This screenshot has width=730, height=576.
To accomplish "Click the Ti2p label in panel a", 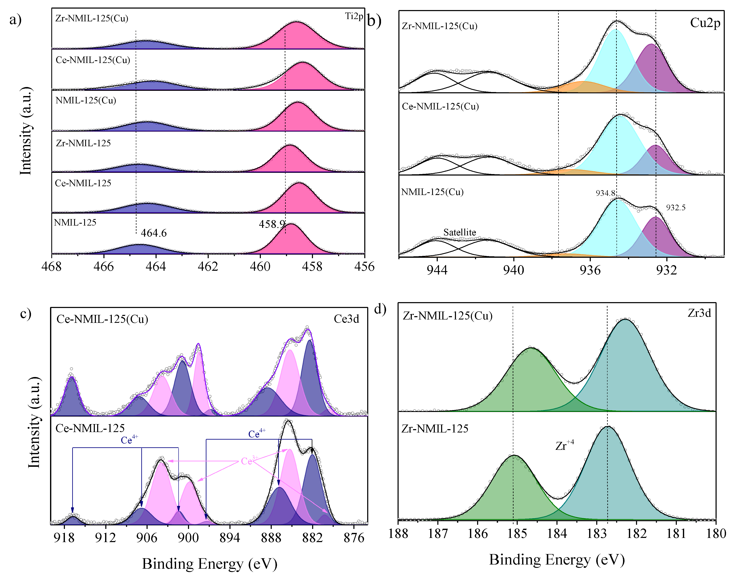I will [x=354, y=16].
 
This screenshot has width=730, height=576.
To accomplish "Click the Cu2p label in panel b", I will [x=705, y=23].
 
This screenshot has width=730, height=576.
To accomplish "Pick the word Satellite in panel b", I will [x=460, y=232].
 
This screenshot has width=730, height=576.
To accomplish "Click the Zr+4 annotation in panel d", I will [x=564, y=445].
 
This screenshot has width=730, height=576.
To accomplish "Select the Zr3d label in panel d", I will [x=699, y=313].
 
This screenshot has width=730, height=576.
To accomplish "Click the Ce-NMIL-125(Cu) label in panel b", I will [x=440, y=106].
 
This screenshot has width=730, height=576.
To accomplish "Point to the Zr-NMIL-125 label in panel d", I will [x=435, y=429].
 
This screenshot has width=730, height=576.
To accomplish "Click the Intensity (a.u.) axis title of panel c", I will [x=34, y=423].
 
